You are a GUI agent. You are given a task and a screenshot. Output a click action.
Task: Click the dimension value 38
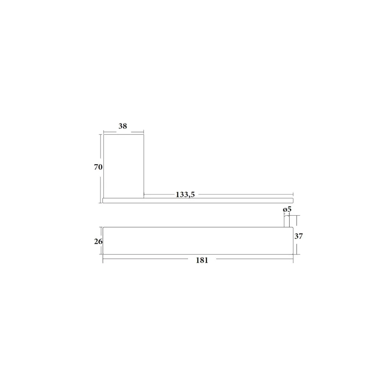tap(122, 126)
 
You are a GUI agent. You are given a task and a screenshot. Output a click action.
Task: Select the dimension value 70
tap(98, 167)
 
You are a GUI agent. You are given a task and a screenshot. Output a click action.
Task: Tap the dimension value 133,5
tap(185, 194)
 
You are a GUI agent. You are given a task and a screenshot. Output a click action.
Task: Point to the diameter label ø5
tap(287, 209)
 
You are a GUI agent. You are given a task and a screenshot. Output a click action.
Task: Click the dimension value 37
tap(298, 236)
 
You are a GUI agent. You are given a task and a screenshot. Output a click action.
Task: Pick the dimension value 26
tap(98, 241)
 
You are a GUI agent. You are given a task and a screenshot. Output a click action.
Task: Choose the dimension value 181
tap(202, 260)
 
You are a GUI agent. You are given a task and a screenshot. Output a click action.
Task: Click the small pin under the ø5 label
tap(287, 221)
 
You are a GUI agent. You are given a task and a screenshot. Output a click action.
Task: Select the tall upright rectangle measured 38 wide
tap(124, 166)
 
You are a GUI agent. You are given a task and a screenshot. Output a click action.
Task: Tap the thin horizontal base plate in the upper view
tap(198, 200)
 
